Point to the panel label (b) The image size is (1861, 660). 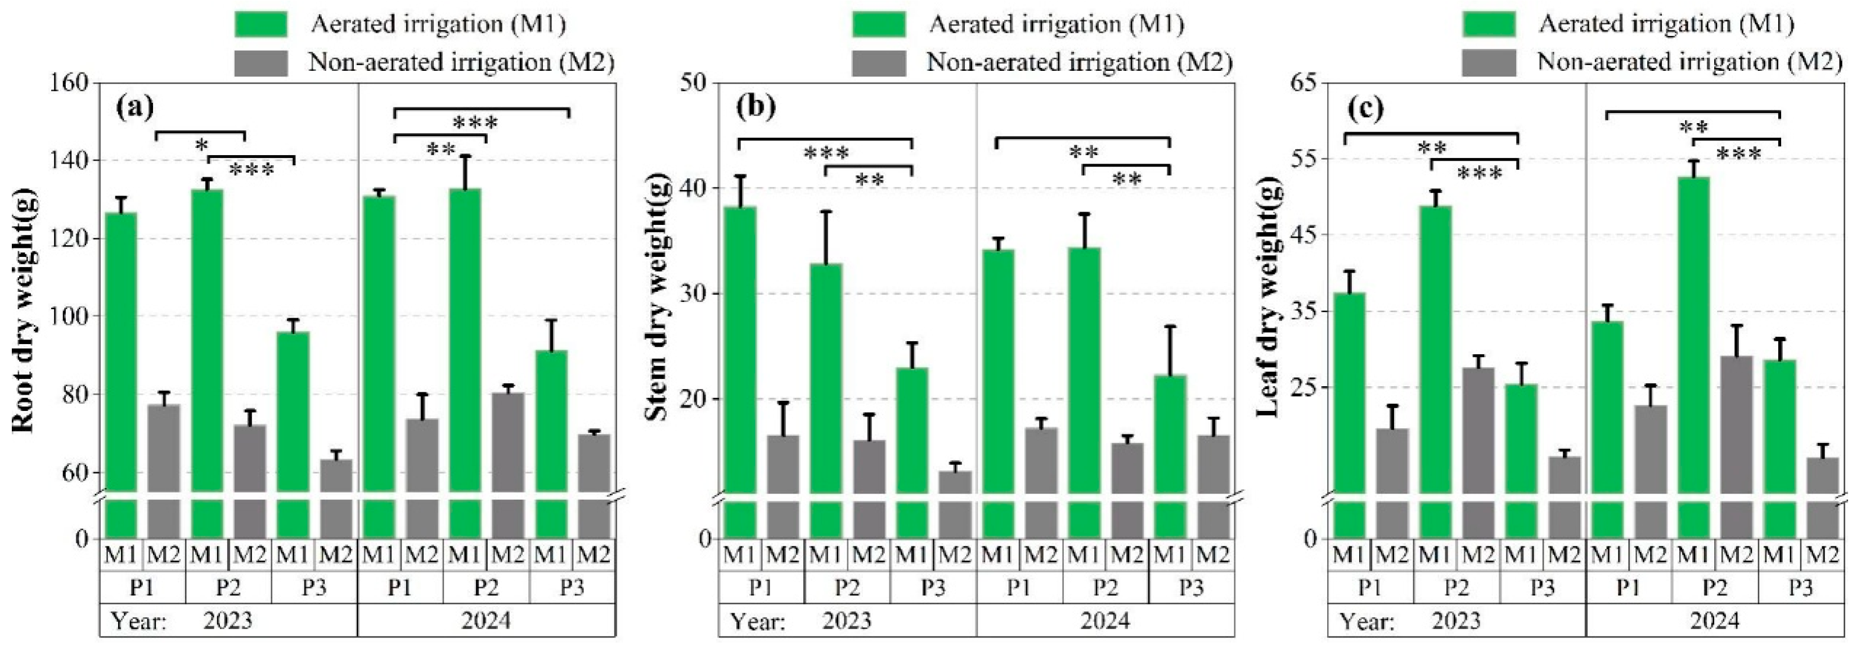755,107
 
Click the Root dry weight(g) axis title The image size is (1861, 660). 23,310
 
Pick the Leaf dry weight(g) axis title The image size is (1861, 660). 1269,300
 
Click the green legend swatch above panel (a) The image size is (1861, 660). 261,25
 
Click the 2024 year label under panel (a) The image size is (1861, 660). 486,620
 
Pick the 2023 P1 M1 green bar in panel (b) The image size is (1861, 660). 739,347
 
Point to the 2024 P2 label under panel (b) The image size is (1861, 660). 1105,587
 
